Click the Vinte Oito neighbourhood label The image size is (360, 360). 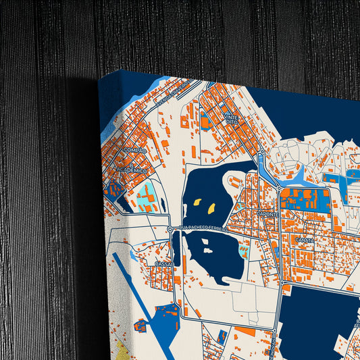pyautogui.click(x=232, y=119)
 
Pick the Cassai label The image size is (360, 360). pyautogui.click(x=163, y=263)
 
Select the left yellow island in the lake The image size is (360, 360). pyautogui.click(x=197, y=202)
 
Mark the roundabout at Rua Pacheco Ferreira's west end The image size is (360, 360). pyautogui.click(x=170, y=230)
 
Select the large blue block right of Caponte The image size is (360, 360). pyautogui.click(x=305, y=200)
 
